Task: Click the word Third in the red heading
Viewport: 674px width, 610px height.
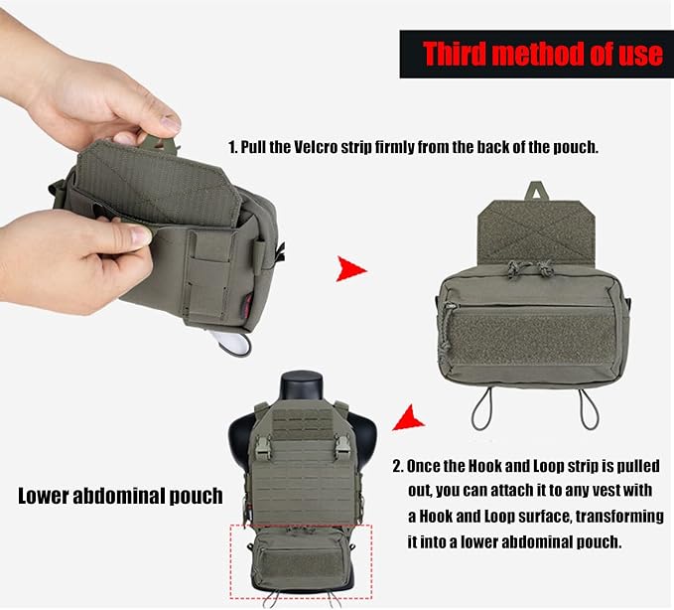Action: click(x=455, y=54)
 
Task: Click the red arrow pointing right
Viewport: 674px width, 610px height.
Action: click(x=350, y=269)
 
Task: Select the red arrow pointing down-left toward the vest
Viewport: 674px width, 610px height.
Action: click(x=407, y=418)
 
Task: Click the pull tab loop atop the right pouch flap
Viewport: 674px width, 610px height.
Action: click(x=535, y=191)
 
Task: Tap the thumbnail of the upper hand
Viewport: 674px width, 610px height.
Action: click(x=170, y=123)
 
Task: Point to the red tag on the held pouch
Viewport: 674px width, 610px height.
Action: click(x=248, y=302)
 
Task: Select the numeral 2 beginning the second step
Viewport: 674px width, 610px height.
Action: click(x=397, y=466)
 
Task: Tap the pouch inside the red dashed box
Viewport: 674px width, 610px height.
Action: click(x=301, y=559)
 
